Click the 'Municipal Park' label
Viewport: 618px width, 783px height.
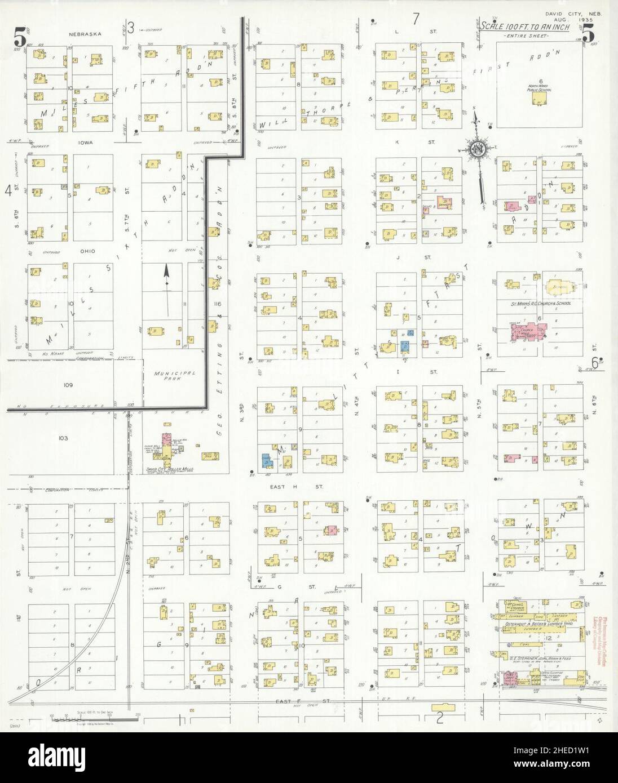pos(174,376)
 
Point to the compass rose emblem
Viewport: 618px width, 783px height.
pos(476,149)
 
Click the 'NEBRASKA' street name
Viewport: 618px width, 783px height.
pos(85,34)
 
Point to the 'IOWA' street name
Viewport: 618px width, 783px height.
pos(87,143)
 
